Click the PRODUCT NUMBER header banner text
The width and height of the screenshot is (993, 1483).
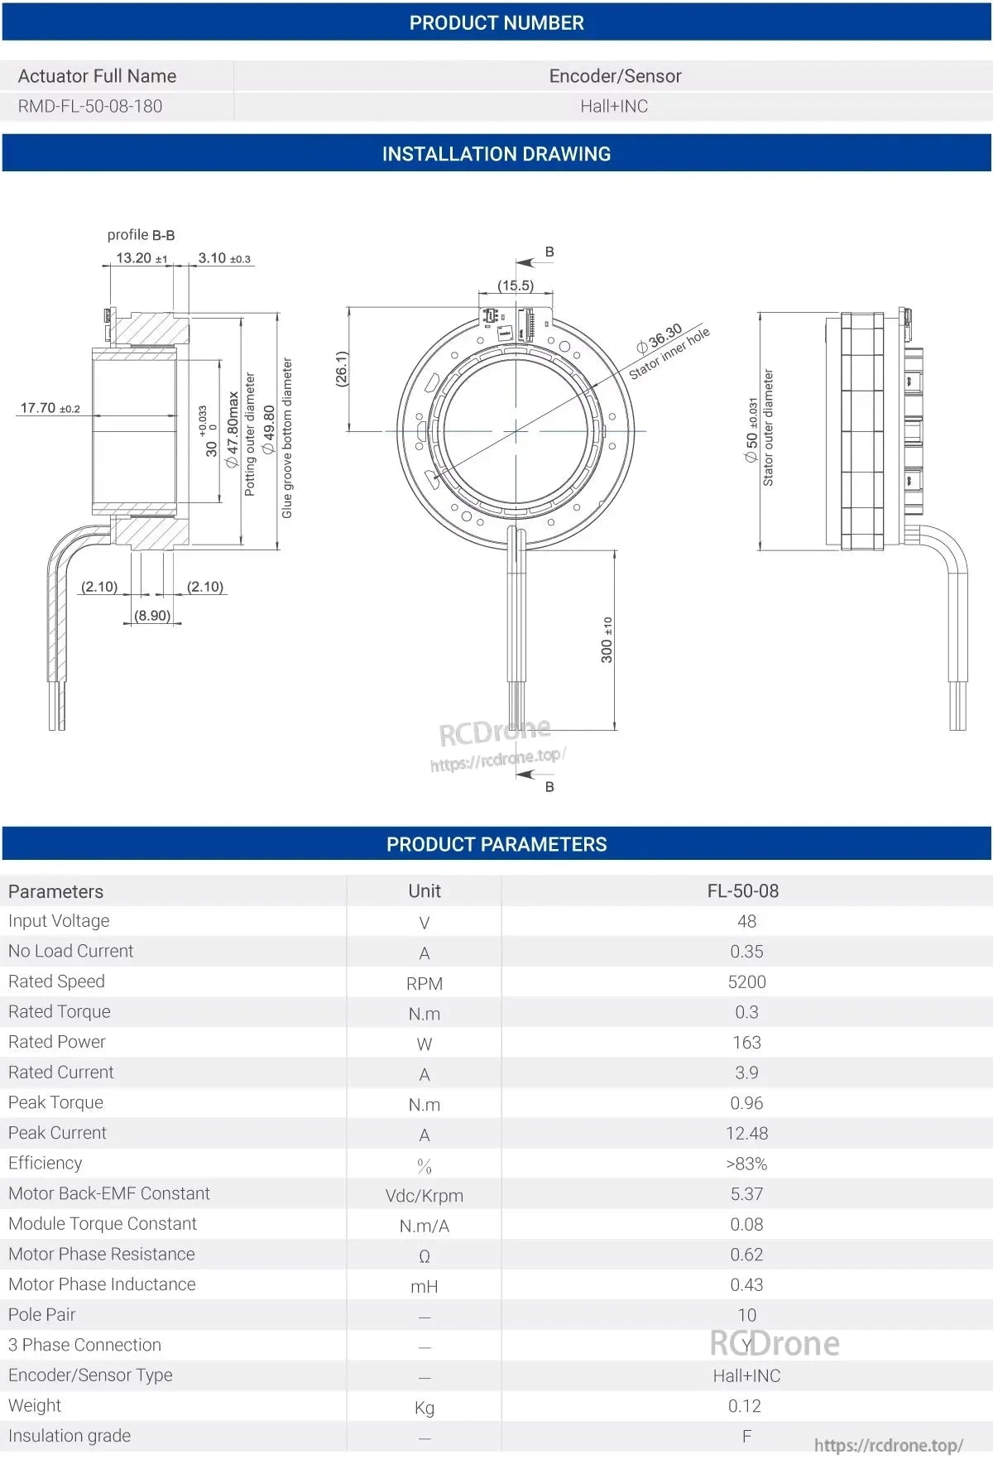[x=496, y=22]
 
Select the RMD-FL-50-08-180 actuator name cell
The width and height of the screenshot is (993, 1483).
[x=90, y=106]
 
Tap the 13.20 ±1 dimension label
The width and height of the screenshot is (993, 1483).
[x=140, y=258]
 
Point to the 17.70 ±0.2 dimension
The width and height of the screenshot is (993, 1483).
[x=50, y=408]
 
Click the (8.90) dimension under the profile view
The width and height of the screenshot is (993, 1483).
[x=152, y=616]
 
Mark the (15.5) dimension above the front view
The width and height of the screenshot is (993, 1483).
[x=515, y=285]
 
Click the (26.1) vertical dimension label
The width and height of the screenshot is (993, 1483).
[x=341, y=368]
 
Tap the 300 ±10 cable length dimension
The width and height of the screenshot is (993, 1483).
[x=607, y=640]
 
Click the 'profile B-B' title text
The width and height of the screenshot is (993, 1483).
[x=141, y=235]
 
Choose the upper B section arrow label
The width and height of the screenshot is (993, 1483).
[x=549, y=252]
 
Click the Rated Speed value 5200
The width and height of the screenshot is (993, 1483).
[x=746, y=981]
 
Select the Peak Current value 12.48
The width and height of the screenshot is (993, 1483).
[x=746, y=1133]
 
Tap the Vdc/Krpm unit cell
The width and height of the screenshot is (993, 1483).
[x=424, y=1195]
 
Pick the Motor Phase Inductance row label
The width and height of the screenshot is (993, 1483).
[x=102, y=1284]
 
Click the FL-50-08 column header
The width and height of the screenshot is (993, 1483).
[x=742, y=891]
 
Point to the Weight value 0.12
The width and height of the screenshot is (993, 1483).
[x=744, y=1405]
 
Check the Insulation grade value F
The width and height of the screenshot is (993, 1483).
[x=746, y=1436]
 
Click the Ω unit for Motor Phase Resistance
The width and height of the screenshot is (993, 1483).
[x=424, y=1256]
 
